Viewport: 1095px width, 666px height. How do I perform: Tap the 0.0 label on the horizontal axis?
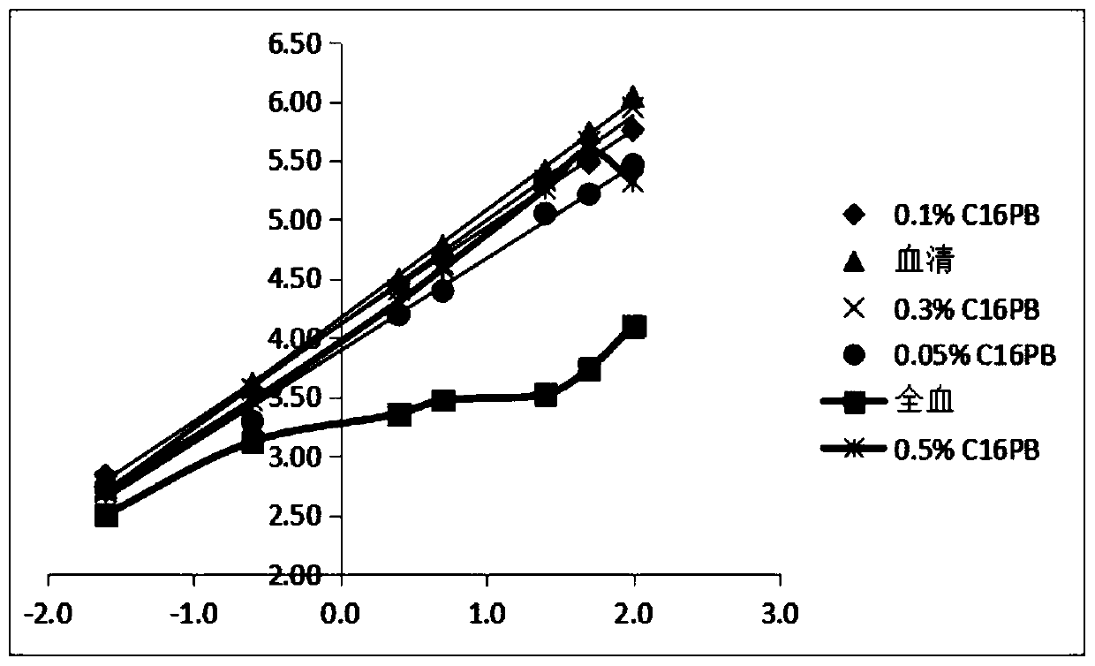pyautogui.click(x=341, y=613)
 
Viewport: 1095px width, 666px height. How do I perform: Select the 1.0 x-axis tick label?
pyautogui.click(x=487, y=613)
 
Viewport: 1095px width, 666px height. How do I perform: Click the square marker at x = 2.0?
pyautogui.click(x=633, y=327)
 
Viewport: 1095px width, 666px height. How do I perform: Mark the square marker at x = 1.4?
pyautogui.click(x=546, y=395)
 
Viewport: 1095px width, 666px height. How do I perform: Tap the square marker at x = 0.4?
pyautogui.click(x=399, y=414)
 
